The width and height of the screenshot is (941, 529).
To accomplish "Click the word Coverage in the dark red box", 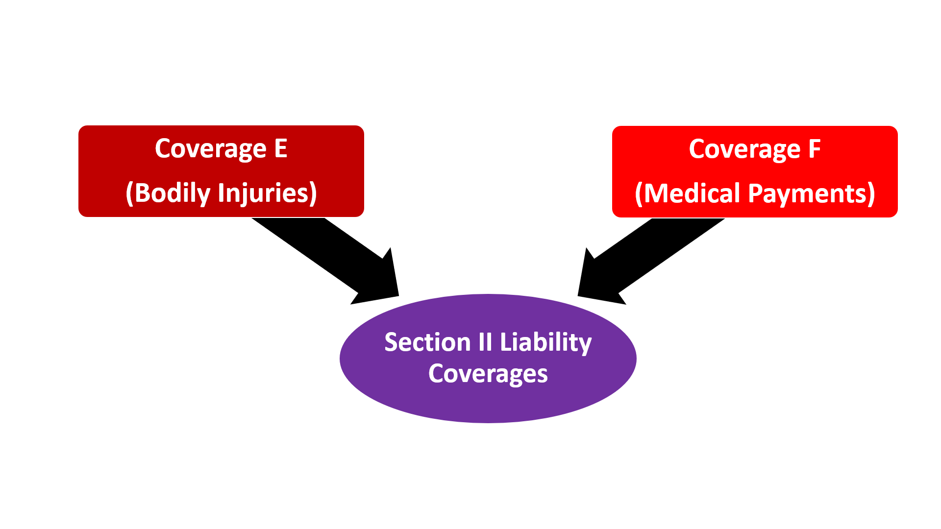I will coord(210,148).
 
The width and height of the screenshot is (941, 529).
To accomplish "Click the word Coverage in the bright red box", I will coord(744,149).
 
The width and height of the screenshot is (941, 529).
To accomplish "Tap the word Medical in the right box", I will coord(692,193).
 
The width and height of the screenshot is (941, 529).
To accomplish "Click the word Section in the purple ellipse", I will coord(427,342).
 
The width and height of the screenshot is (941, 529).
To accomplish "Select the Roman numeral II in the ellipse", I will coord(485,342).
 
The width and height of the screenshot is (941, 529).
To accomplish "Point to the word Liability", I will coord(545,342).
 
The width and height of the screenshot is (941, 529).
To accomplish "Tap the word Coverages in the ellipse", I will coord(488,374).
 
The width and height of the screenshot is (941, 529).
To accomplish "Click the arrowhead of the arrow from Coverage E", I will coord(380,282).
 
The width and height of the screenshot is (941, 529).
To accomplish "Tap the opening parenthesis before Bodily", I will coord(130,193).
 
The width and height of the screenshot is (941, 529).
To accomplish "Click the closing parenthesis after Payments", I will coord(871,193).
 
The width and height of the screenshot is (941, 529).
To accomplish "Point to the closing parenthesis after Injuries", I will coord(313,193).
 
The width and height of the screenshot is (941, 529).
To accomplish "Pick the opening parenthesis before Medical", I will coord(639,193).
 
